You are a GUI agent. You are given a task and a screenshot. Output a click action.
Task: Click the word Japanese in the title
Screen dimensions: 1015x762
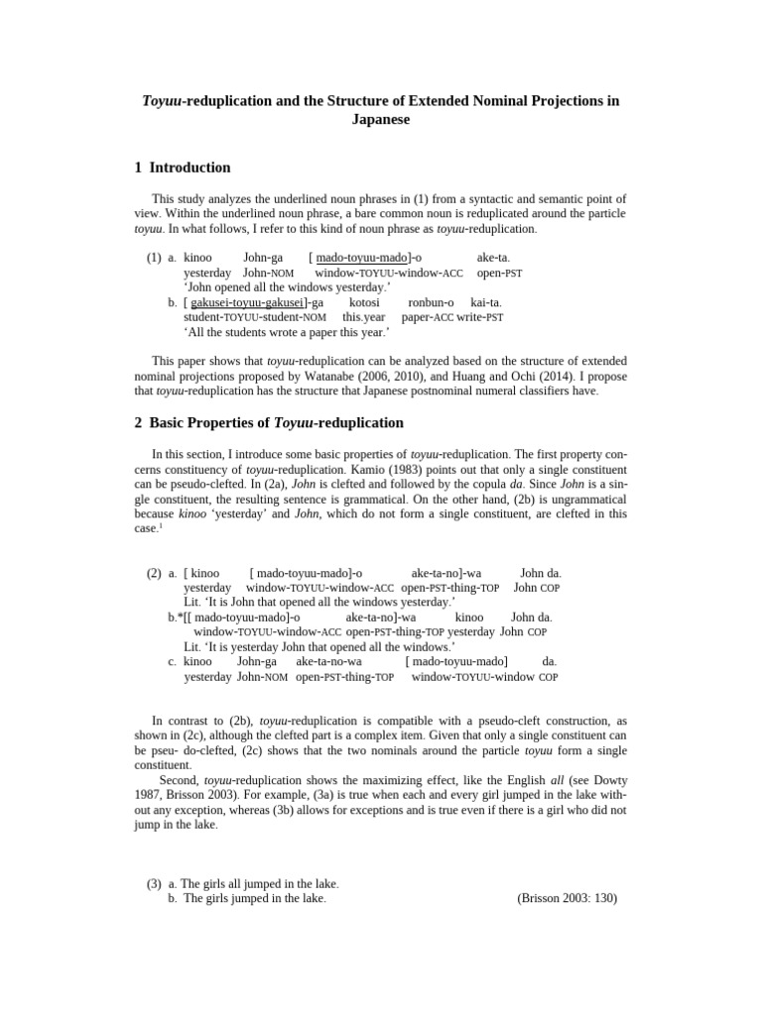pos(381,119)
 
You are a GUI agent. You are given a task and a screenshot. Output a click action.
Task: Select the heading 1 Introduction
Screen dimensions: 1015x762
pos(183,168)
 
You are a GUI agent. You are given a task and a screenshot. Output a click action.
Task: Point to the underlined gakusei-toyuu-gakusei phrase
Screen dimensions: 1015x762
pos(247,302)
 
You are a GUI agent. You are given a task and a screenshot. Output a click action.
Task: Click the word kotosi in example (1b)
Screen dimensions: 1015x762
pos(364,302)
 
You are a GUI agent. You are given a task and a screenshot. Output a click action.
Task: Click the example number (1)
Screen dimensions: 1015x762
pos(154,258)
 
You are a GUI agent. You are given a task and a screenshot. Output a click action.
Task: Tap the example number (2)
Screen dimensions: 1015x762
pos(154,573)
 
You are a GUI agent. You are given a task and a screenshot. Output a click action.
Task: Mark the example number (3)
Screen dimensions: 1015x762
pos(154,883)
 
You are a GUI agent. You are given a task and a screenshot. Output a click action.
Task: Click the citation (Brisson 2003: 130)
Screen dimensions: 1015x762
pos(567,898)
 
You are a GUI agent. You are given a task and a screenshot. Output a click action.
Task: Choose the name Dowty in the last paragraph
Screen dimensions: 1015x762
pos(608,781)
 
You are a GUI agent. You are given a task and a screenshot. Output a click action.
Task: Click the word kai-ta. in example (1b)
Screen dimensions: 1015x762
pos(486,302)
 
